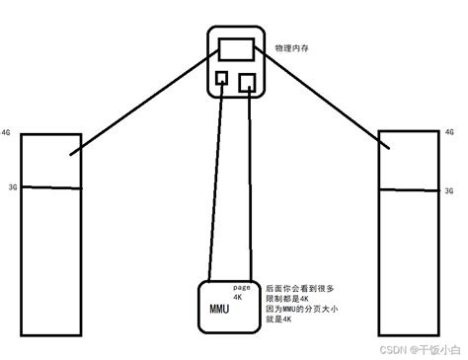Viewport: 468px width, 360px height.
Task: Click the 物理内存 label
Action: [x=291, y=46]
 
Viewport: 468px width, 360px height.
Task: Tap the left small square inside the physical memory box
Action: [x=222, y=78]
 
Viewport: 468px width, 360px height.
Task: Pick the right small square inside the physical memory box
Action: [x=249, y=81]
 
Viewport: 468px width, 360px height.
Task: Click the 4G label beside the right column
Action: [x=449, y=131]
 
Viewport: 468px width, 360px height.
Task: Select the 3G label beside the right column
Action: [x=449, y=190]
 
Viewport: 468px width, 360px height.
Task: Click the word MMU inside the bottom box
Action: [x=219, y=309]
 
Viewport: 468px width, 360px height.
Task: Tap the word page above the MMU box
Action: [x=245, y=283]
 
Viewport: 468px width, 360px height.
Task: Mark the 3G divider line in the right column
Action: [x=409, y=189]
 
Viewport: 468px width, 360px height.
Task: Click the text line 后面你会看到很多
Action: [x=300, y=288]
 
